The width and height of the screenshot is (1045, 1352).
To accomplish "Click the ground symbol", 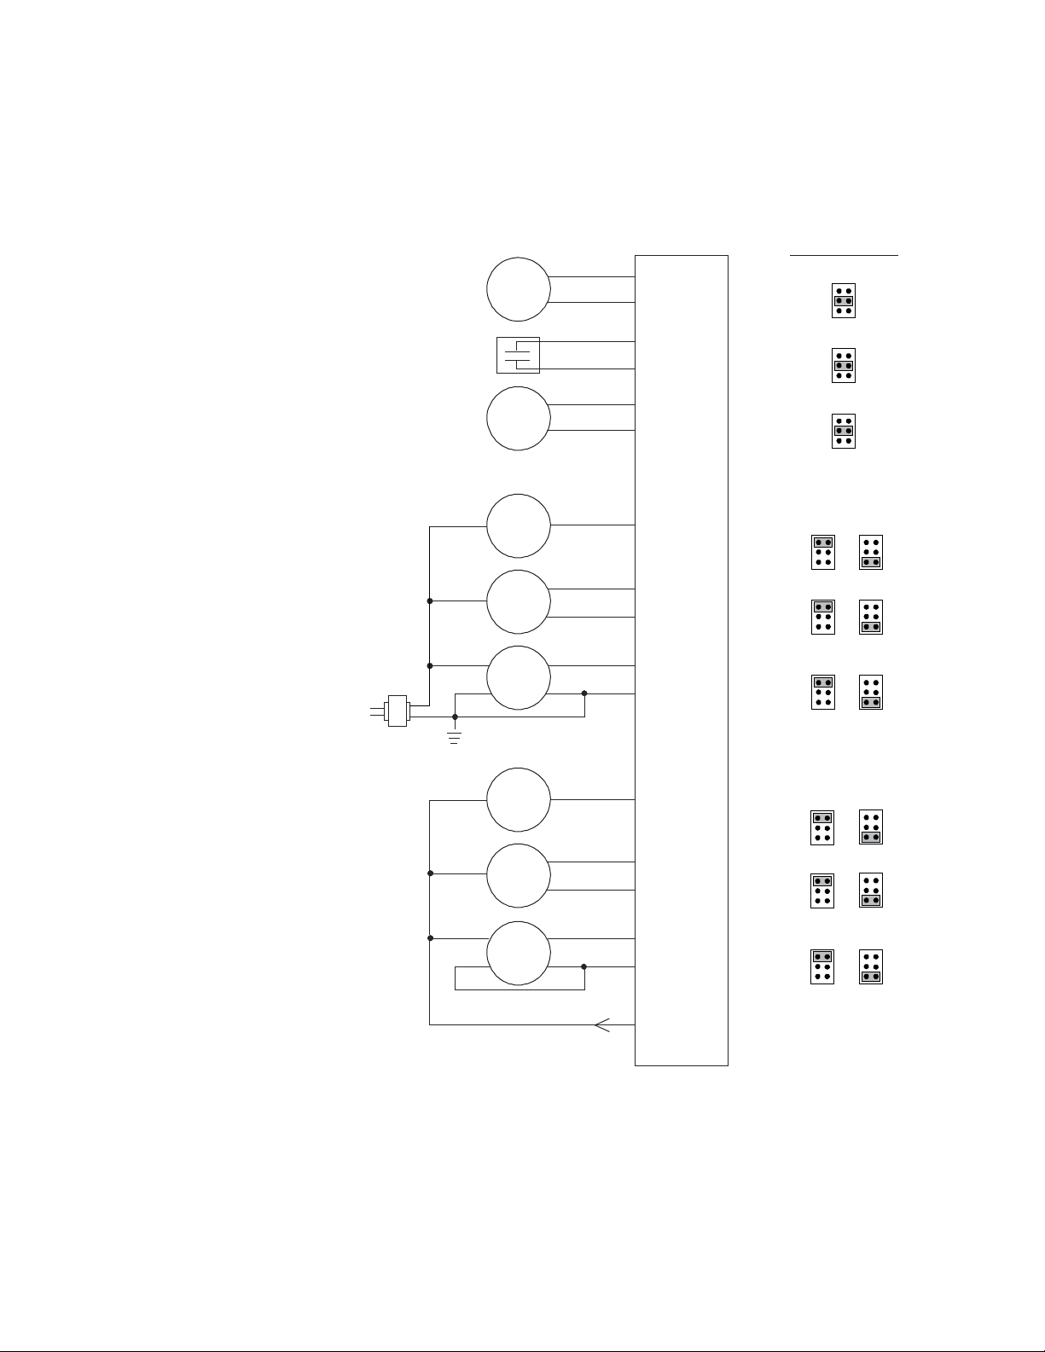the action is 454,736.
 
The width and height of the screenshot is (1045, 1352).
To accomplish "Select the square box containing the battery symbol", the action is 518,355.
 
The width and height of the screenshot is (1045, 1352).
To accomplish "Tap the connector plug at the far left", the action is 398,711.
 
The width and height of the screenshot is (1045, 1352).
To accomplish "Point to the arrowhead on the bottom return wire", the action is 602,1024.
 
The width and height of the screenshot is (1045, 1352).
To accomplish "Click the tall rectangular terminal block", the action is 682,659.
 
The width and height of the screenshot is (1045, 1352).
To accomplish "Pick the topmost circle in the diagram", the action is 519,289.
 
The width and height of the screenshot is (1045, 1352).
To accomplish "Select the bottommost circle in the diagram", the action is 519,953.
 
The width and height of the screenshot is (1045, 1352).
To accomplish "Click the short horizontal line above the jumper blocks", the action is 844,254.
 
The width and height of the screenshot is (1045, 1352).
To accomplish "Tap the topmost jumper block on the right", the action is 844,300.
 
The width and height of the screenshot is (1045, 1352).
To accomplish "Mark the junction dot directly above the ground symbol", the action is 455,717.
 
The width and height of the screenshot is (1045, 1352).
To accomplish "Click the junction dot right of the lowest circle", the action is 584,966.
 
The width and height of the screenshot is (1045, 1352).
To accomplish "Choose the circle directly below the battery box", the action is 519,418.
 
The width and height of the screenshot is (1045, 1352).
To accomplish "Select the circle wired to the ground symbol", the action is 519,677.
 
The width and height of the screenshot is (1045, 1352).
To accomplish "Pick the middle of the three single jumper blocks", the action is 844,365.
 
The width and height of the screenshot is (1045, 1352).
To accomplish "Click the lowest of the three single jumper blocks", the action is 844,431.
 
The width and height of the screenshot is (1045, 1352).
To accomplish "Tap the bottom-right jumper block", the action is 871,966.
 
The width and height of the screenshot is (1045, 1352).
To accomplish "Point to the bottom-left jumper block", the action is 822,966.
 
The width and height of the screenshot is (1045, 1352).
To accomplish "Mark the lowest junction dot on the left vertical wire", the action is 430,938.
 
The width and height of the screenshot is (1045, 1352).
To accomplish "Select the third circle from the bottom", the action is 519,799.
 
